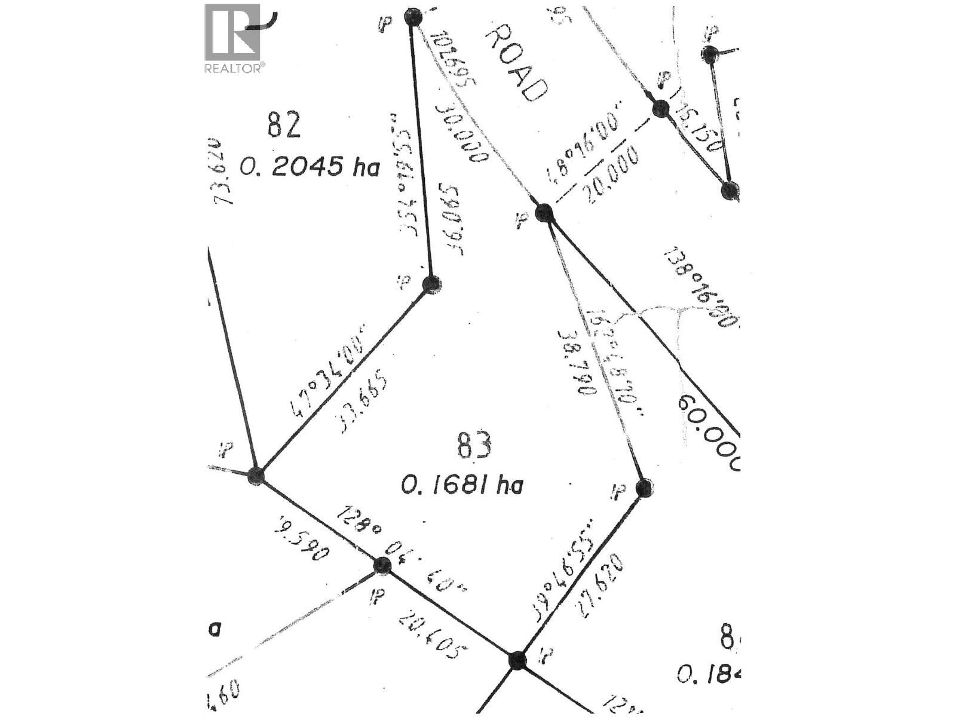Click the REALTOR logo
(234, 38)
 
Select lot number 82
(284, 125)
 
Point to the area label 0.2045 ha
(310, 167)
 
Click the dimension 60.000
(709, 432)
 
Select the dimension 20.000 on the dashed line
(614, 175)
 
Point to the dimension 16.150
(698, 130)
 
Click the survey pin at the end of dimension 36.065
(432, 285)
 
